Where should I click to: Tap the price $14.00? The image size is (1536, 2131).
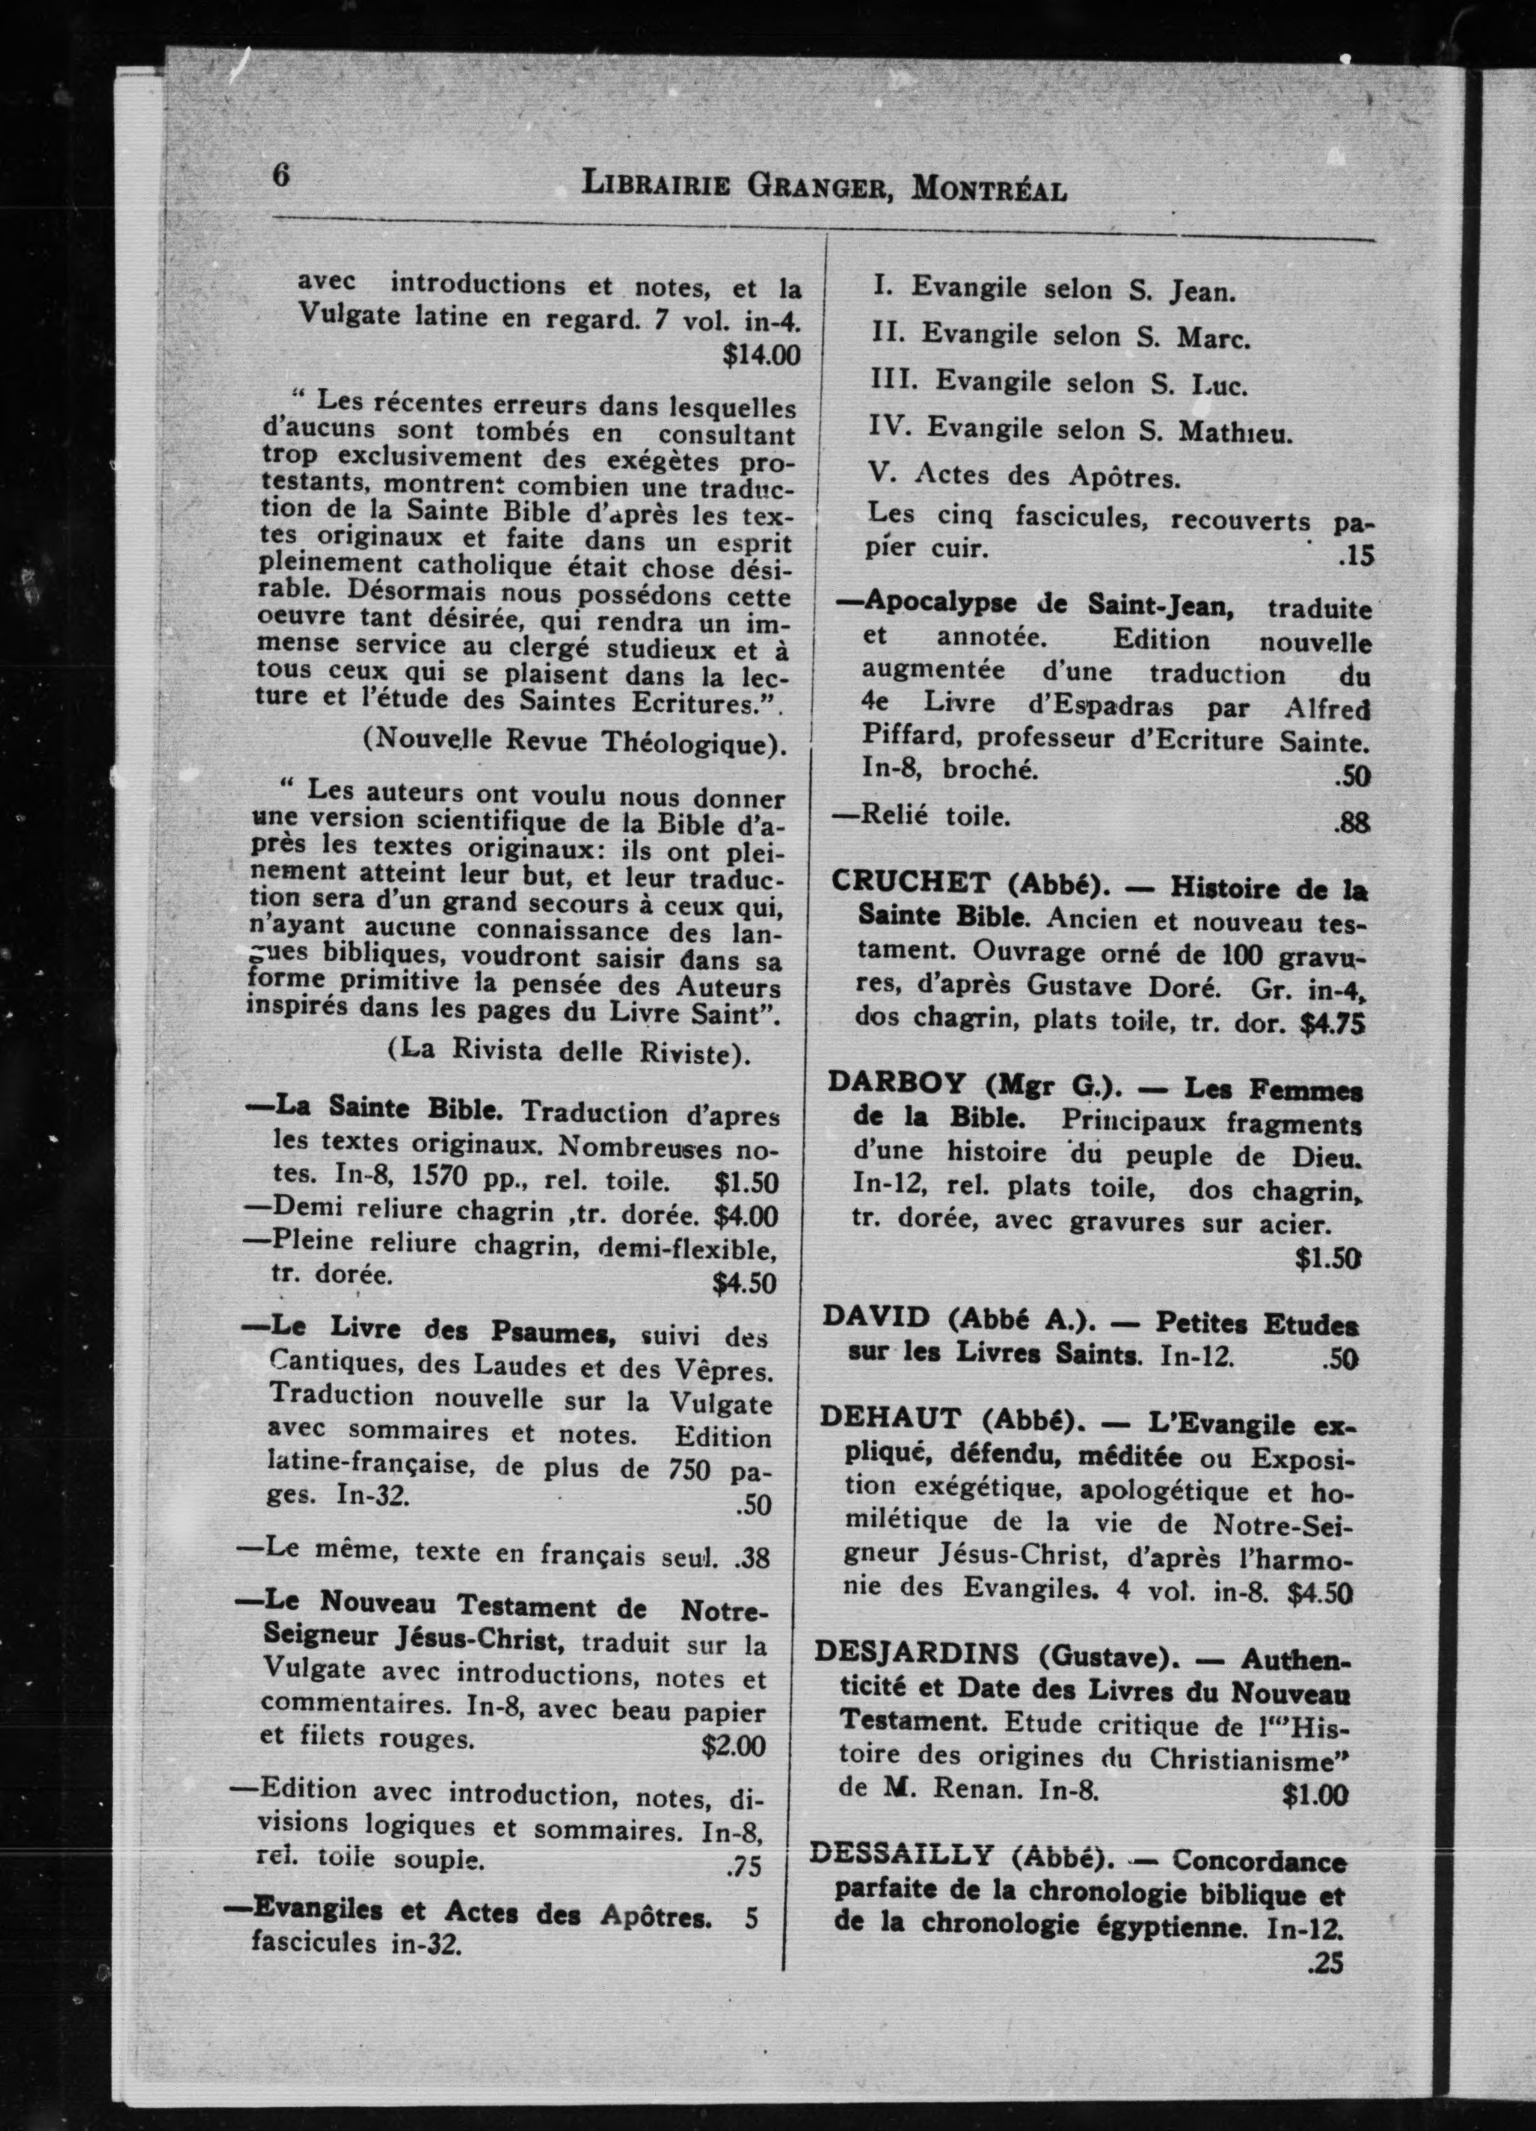pos(761,356)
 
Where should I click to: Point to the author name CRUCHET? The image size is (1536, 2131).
pos(910,883)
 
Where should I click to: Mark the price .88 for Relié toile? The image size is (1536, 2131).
pos(1352,824)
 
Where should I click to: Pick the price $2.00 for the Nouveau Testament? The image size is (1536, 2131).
pos(733,1746)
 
